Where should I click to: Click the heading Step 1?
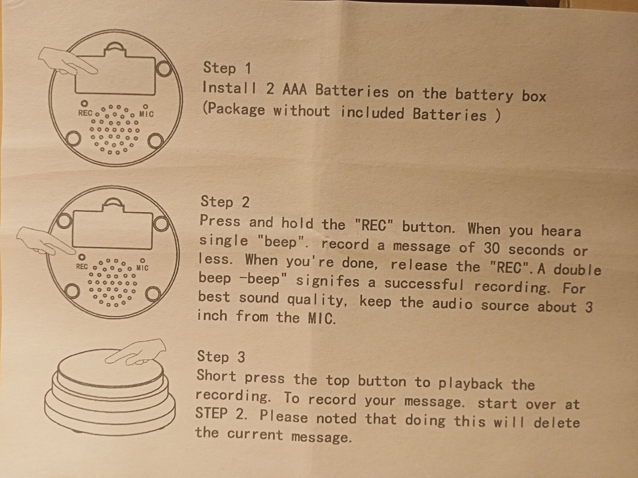[227, 68]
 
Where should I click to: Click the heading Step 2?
[225, 202]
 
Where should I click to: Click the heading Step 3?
[221, 356]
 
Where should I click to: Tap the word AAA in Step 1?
[294, 89]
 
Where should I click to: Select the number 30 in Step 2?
[492, 248]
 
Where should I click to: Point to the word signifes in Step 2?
[328, 281]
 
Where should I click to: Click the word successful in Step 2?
[424, 284]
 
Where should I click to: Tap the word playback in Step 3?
[470, 384]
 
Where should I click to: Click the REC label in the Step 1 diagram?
[85, 113]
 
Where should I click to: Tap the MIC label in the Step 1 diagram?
[146, 114]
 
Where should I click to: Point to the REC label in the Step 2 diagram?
[82, 266]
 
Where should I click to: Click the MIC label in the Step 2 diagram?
[142, 268]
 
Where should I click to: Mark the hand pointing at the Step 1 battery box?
[68, 61]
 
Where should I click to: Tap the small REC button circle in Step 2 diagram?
[82, 257]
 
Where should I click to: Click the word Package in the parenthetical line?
[234, 110]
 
